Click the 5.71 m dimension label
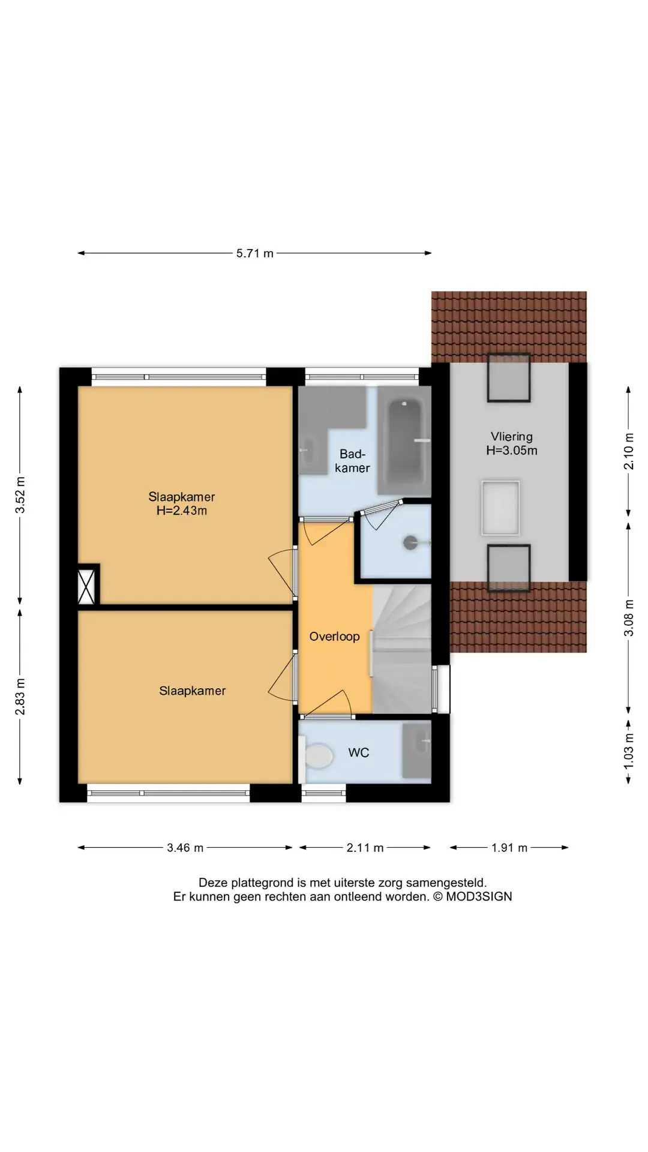[254, 253]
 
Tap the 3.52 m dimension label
[20, 495]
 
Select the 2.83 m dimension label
[20, 697]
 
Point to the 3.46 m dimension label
[185, 848]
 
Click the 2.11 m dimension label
[365, 848]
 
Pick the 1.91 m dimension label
[509, 848]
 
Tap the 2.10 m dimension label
[629, 451]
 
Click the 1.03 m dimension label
[629, 751]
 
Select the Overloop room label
[334, 637]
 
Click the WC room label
[359, 752]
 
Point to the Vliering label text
[512, 437]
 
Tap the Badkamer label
[352, 461]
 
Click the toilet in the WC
[318, 756]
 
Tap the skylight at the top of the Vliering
[508, 378]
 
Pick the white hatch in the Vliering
[500, 508]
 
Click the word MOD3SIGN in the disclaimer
[479, 896]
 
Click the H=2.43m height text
[182, 511]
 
